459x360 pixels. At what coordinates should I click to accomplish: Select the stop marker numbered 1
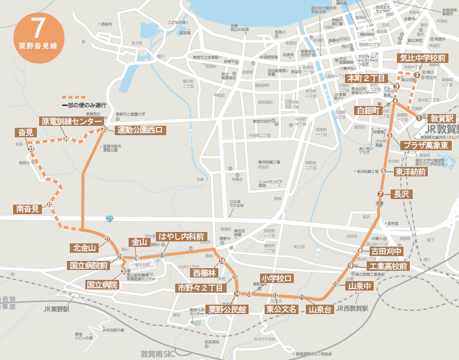pyautogui.click(x=419, y=118)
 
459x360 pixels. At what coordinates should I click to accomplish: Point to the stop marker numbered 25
pyautogui.click(x=104, y=129)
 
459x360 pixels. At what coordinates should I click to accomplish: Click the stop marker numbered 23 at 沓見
pyautogui.click(x=31, y=149)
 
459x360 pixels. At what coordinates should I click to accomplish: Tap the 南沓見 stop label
pyautogui.click(x=28, y=209)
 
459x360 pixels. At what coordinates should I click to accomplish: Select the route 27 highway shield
pyautogui.click(x=110, y=219)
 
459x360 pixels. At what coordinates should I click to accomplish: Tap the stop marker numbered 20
pyautogui.click(x=124, y=271)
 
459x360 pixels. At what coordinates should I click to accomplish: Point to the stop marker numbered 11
pyautogui.click(x=302, y=297)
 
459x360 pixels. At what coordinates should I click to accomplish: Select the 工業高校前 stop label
pyautogui.click(x=387, y=266)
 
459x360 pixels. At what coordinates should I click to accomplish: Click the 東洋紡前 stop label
pyautogui.click(x=411, y=172)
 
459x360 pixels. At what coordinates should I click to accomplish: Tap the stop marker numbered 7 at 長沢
pyautogui.click(x=380, y=194)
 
